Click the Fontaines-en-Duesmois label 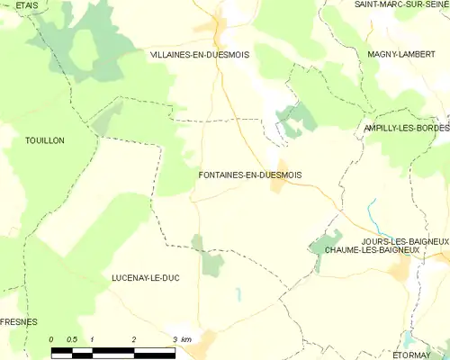250,174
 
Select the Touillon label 46,141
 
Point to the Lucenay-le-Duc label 145,278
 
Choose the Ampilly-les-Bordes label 405,129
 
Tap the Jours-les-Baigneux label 404,241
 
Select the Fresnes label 18,321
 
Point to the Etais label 26,4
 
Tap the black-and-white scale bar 112,349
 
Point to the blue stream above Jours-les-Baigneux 371,217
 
